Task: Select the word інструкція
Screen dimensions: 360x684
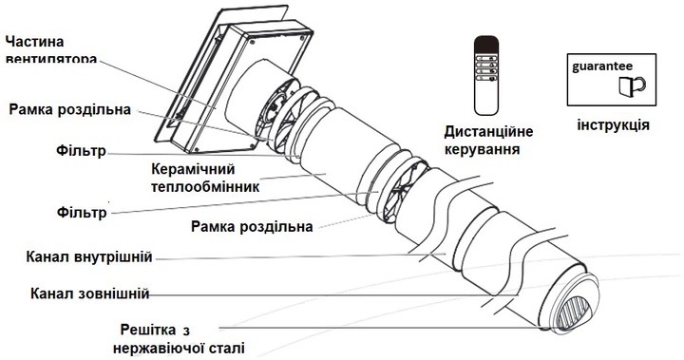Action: coord(614,125)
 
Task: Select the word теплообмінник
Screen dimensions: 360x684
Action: coord(205,186)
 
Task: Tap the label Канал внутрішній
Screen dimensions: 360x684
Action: coord(90,257)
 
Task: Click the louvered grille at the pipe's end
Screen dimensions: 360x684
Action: coord(577,310)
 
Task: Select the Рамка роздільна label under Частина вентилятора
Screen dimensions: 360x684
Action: coord(68,108)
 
